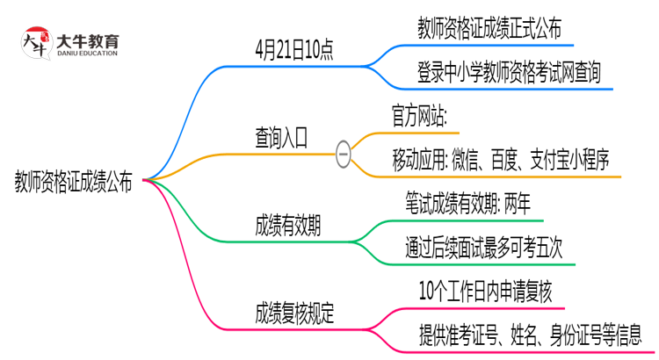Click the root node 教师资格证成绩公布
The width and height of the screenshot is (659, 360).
click(74, 182)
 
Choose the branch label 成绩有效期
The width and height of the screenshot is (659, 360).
click(287, 226)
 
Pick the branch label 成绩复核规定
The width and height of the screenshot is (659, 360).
click(293, 313)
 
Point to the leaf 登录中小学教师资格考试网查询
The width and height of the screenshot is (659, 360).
click(510, 72)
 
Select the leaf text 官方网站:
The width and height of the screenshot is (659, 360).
click(419, 116)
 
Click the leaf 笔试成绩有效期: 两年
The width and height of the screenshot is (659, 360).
click(468, 204)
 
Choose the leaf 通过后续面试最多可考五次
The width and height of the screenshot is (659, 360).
click(491, 247)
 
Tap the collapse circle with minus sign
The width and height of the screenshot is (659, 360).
click(344, 156)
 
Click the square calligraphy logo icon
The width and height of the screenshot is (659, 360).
click(36, 43)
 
